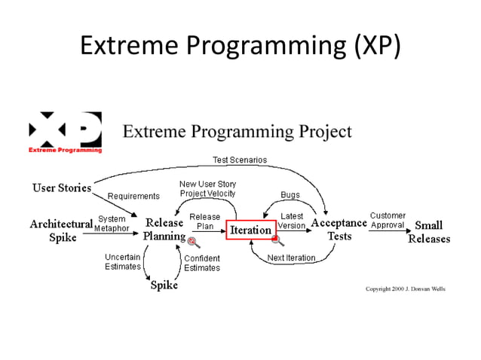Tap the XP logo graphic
(65, 133)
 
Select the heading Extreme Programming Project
(237, 132)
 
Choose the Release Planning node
(164, 230)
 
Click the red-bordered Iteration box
(250, 230)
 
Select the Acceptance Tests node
(339, 230)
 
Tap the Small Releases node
(428, 232)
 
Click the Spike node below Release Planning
(164, 285)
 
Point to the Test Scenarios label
(239, 160)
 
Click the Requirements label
(133, 196)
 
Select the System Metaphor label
(112, 224)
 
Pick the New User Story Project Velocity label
(207, 188)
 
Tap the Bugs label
(290, 195)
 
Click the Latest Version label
(291, 221)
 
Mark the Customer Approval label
(388, 220)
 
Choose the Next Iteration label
(291, 258)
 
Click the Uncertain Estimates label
(122, 262)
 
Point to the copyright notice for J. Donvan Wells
(406, 289)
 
